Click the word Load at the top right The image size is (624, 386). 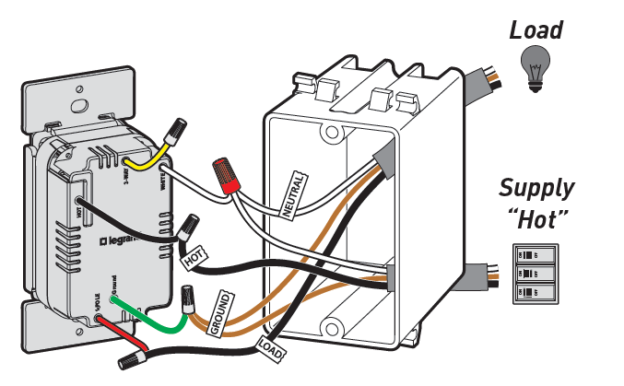pos(536,29)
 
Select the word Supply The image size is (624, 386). pos(536,189)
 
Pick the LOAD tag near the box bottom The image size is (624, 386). pos(272,347)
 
